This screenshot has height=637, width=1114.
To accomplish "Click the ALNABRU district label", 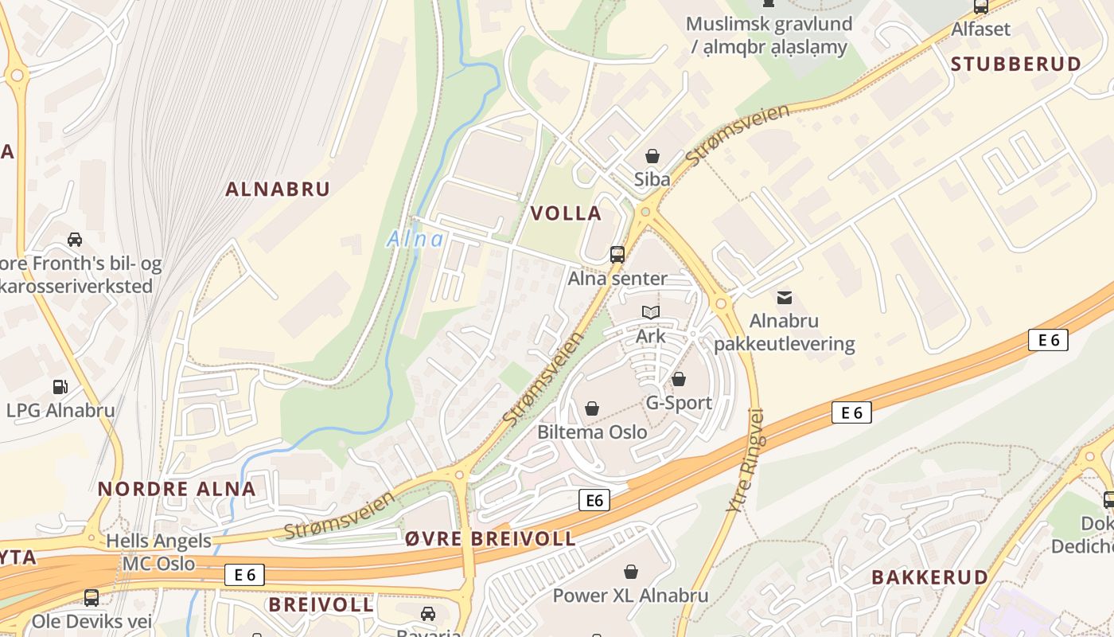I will (x=277, y=190).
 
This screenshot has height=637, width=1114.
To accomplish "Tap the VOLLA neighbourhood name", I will (x=566, y=213).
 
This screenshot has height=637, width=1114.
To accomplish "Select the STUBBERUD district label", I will (x=1016, y=64).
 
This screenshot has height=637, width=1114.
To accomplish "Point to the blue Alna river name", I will (x=415, y=239).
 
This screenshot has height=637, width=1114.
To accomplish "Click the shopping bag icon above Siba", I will (x=652, y=156).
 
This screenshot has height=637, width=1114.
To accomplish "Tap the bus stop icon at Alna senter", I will (x=617, y=255).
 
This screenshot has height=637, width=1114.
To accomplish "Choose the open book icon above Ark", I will (x=651, y=313).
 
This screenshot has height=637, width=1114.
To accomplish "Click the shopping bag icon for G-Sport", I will (x=679, y=380).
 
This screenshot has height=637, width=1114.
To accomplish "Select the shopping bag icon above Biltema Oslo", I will (x=592, y=409).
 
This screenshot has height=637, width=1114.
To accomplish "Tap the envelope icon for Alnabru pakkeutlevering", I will (x=785, y=298).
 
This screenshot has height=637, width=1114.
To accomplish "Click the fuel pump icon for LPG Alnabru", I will (x=60, y=387).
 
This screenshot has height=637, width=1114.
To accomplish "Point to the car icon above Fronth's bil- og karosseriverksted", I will (x=75, y=240).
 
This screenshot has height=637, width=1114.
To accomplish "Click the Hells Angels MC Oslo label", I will (x=158, y=552).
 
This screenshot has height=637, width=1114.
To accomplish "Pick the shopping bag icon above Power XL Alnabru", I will (x=631, y=572).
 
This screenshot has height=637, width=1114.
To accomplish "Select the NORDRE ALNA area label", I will (x=177, y=489).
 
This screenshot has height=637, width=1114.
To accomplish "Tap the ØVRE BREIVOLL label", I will (x=490, y=538).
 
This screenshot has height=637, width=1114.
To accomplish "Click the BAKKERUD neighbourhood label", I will (x=929, y=577).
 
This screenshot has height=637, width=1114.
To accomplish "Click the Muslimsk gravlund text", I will (x=768, y=24).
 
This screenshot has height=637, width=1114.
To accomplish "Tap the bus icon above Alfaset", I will (x=981, y=7).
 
